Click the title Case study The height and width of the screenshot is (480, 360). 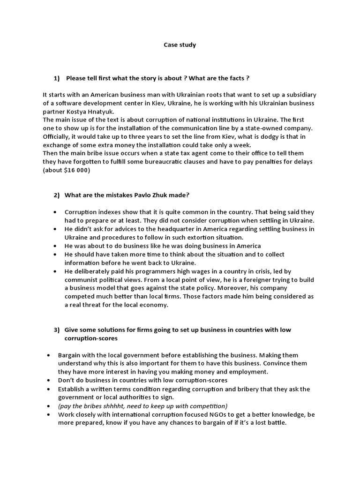point(180,45)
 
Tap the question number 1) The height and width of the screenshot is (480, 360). point(58,77)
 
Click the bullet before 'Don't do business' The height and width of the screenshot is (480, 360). point(49,380)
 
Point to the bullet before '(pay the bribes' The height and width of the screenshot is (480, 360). point(49,406)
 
